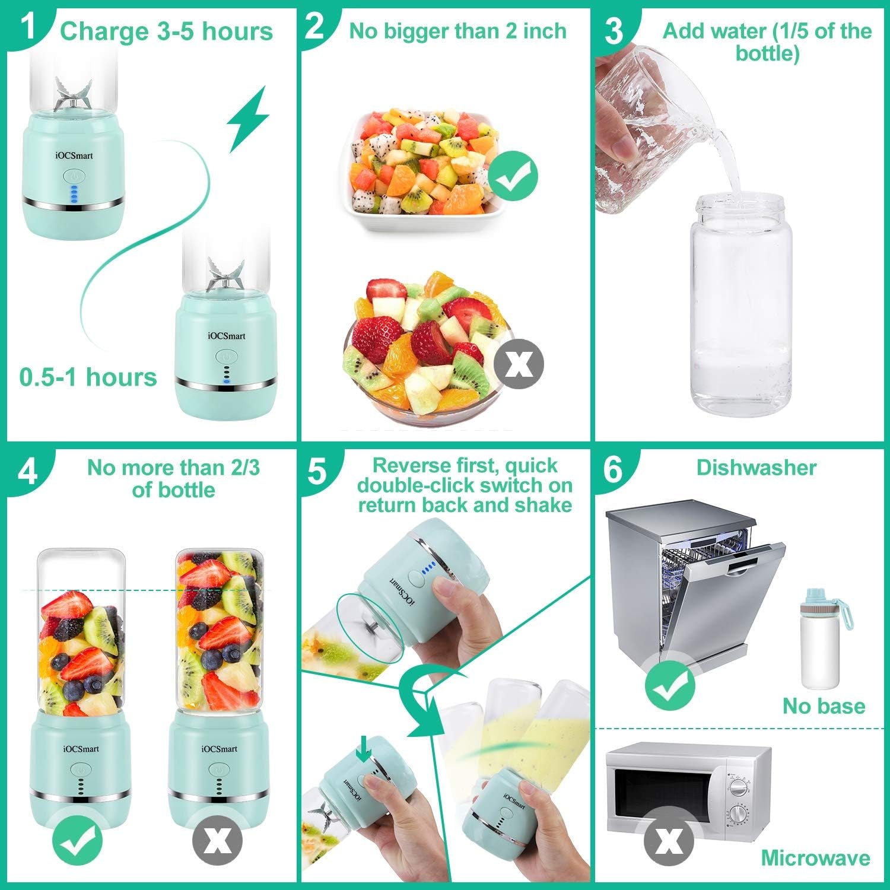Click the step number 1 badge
pyautogui.click(x=27, y=27)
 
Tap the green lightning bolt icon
pyautogui.click(x=248, y=119)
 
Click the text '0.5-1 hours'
pyautogui.click(x=88, y=377)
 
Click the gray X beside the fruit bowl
pyautogui.click(x=519, y=364)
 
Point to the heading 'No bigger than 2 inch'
pyautogui.click(x=457, y=31)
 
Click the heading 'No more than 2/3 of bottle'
pyautogui.click(x=173, y=478)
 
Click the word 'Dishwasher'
pyautogui.click(x=756, y=468)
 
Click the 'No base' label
pyautogui.click(x=824, y=706)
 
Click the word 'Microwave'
pyautogui.click(x=815, y=858)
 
